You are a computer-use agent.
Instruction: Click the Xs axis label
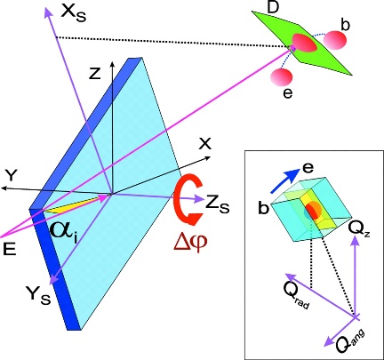[x=73, y=13]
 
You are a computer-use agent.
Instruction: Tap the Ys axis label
[x=38, y=295]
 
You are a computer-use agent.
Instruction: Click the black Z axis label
[x=95, y=75]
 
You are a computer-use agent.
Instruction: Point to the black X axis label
[x=204, y=144]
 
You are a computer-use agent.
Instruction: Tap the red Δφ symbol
[x=190, y=242]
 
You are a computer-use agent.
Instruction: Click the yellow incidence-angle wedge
[x=74, y=206]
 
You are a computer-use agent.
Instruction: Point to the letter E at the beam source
[x=10, y=249]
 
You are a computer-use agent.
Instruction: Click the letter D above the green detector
[x=273, y=8]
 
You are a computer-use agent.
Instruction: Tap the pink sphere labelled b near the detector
[x=334, y=40]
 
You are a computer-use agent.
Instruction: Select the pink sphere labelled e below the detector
[x=281, y=77]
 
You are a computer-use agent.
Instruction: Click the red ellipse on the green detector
[x=304, y=43]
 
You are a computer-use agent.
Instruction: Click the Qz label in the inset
[x=359, y=228]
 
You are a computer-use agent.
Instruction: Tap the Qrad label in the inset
[x=296, y=295]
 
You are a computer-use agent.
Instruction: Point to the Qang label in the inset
[x=349, y=341]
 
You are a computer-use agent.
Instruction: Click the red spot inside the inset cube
[x=312, y=211]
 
